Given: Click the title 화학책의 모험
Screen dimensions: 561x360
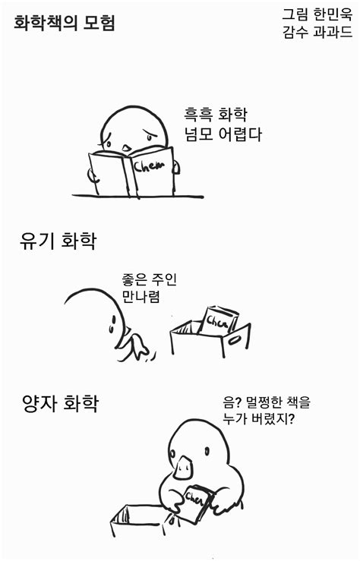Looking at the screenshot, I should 65,23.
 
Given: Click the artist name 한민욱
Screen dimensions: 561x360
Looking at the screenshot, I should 332,14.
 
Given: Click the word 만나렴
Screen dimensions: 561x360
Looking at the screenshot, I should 141,297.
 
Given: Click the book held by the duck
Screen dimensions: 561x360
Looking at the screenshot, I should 196,502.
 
